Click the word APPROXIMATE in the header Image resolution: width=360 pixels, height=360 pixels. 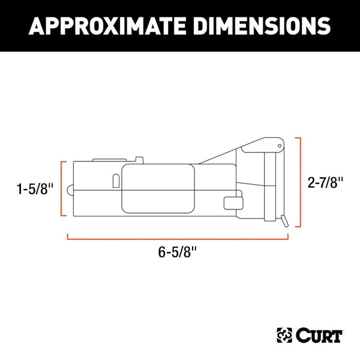click(x=112, y=25)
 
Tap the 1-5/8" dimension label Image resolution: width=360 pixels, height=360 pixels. click(x=35, y=189)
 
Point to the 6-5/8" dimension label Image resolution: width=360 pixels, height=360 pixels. click(x=178, y=253)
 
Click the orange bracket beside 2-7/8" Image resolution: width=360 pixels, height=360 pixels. click(x=298, y=182)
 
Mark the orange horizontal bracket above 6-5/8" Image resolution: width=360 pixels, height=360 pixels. click(x=178, y=238)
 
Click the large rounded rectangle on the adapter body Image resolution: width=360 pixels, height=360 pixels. click(x=158, y=189)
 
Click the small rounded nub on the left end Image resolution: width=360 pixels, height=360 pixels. click(x=70, y=191)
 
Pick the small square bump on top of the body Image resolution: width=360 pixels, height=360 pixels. click(x=139, y=160)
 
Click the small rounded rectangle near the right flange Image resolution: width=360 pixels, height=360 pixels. click(x=230, y=203)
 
